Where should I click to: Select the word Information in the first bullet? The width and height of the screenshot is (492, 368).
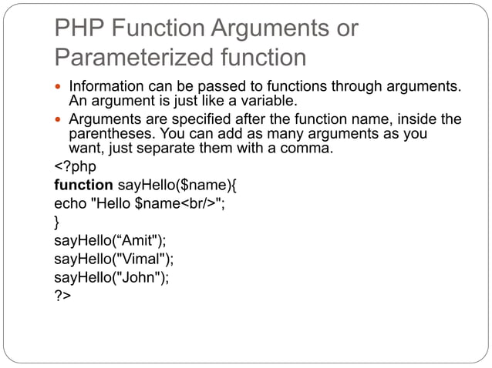point(105,86)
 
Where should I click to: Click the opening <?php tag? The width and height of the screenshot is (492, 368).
point(75,168)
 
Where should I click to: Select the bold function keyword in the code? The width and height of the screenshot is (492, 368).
point(83,186)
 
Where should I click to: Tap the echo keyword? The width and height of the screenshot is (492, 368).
point(70,205)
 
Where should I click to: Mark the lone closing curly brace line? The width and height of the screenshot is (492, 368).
point(57,223)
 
